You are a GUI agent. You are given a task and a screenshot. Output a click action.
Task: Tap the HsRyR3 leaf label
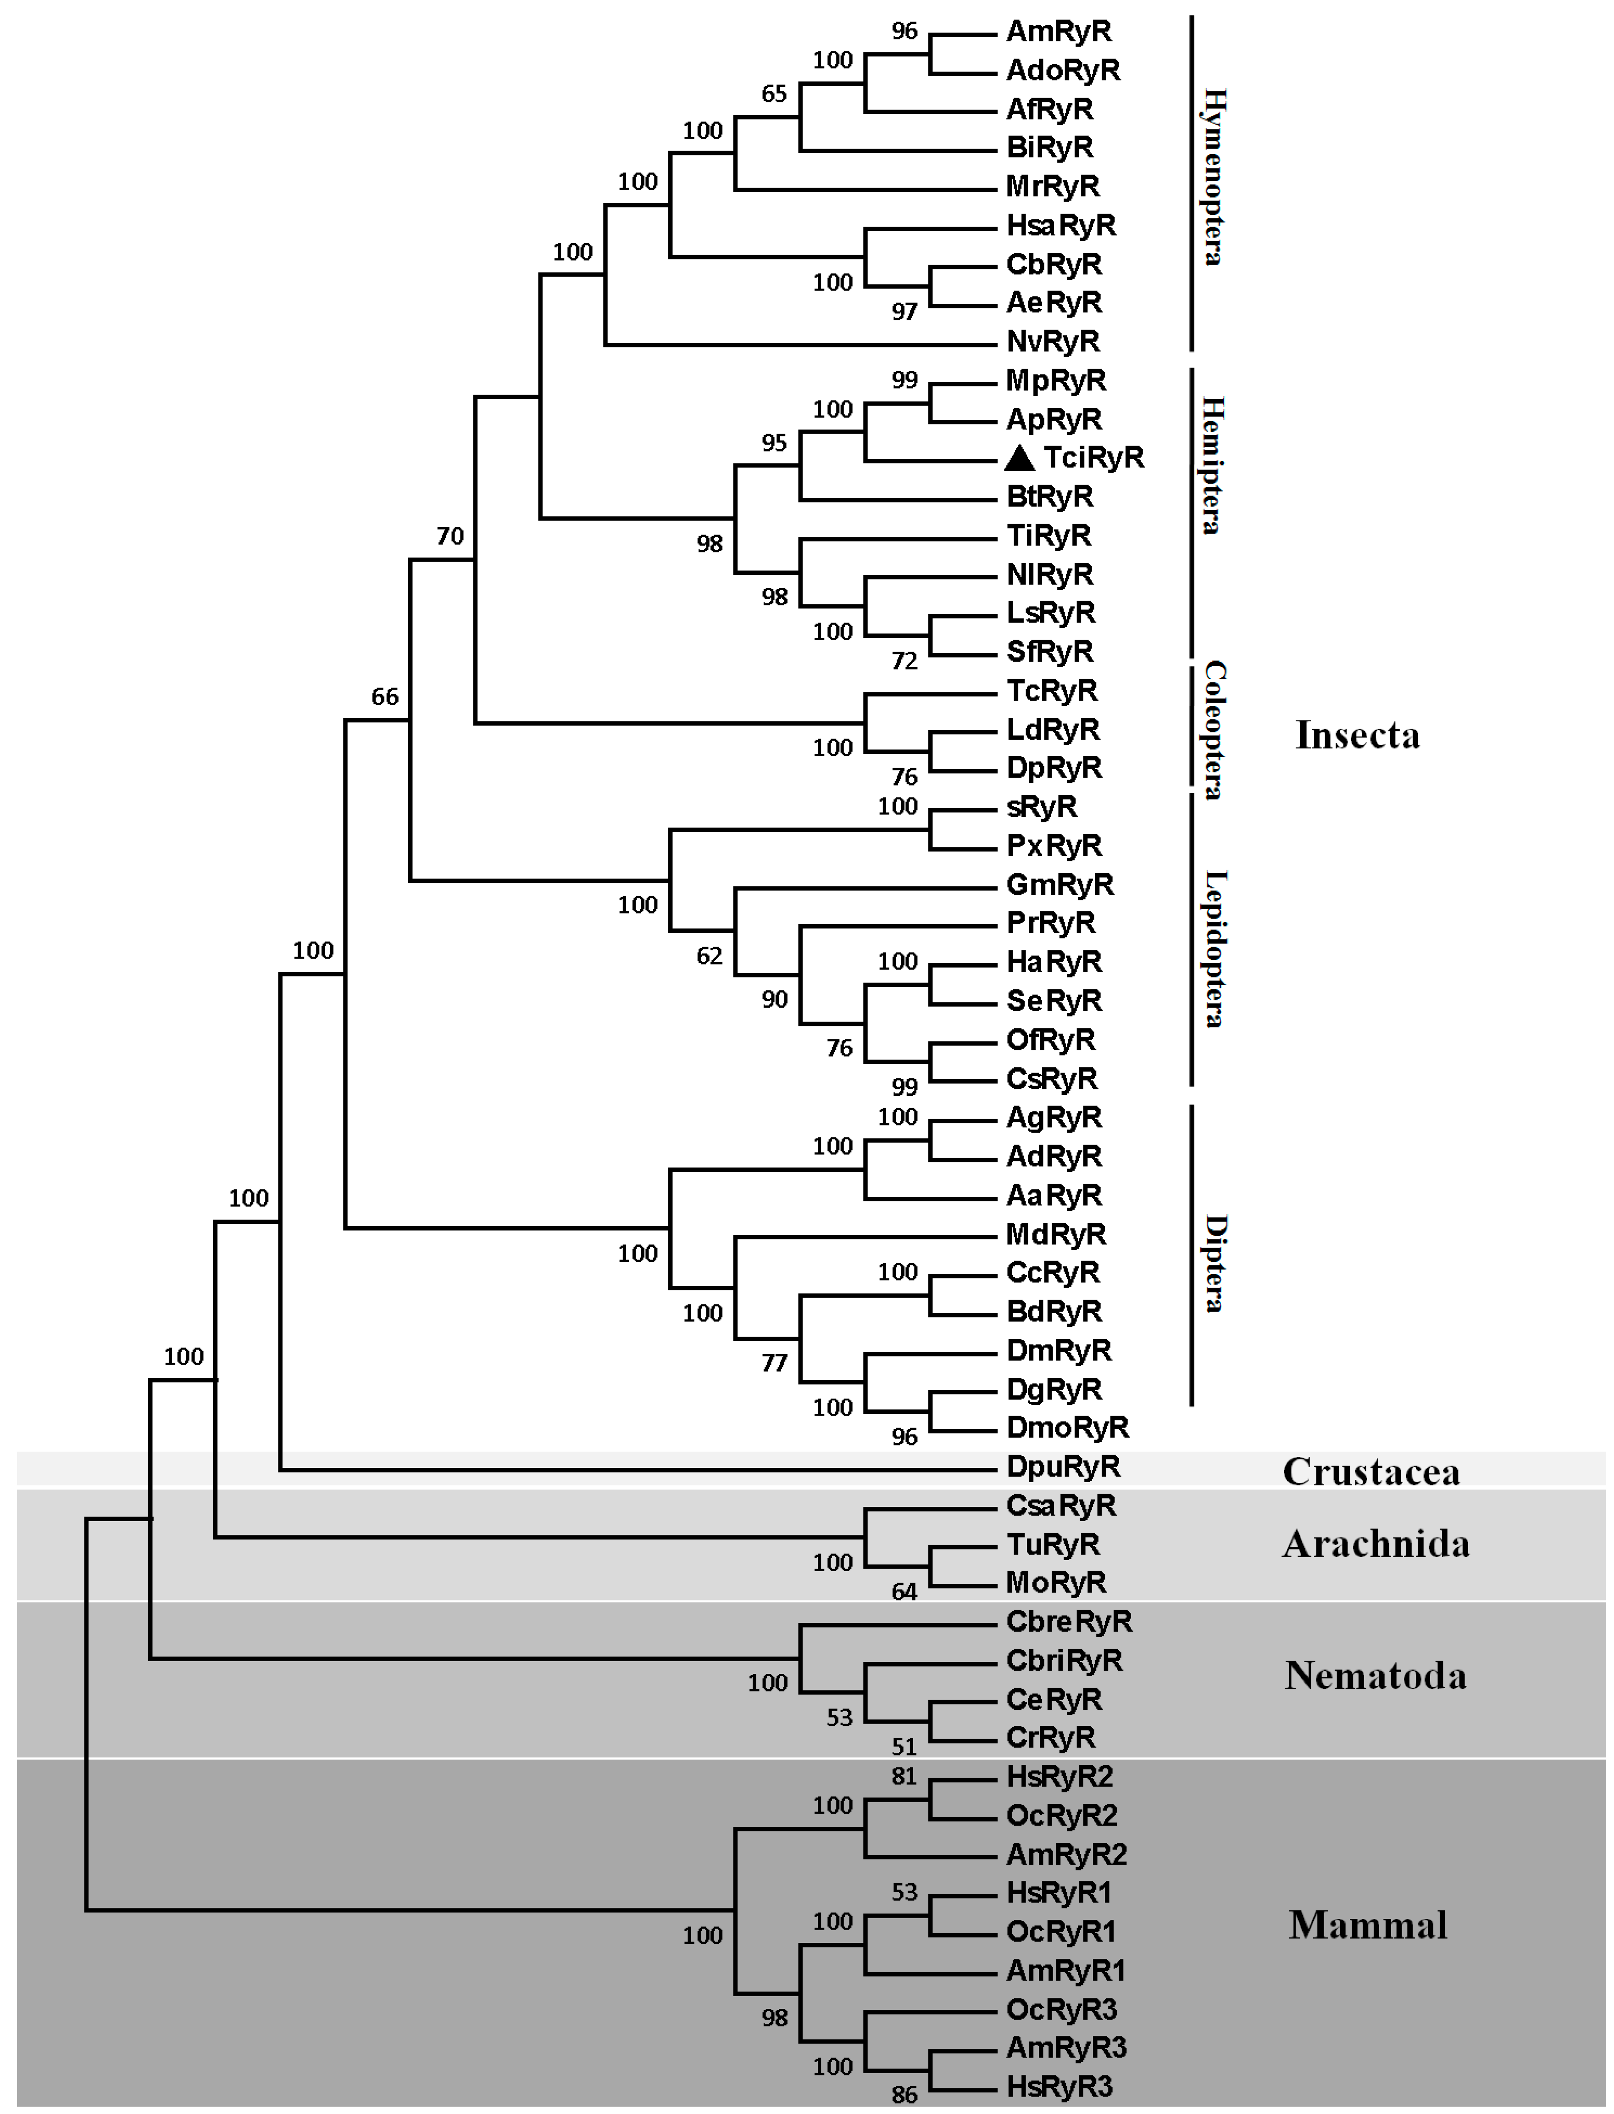(1059, 2086)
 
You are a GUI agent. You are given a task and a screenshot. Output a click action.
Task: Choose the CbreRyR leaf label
(1068, 1622)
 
